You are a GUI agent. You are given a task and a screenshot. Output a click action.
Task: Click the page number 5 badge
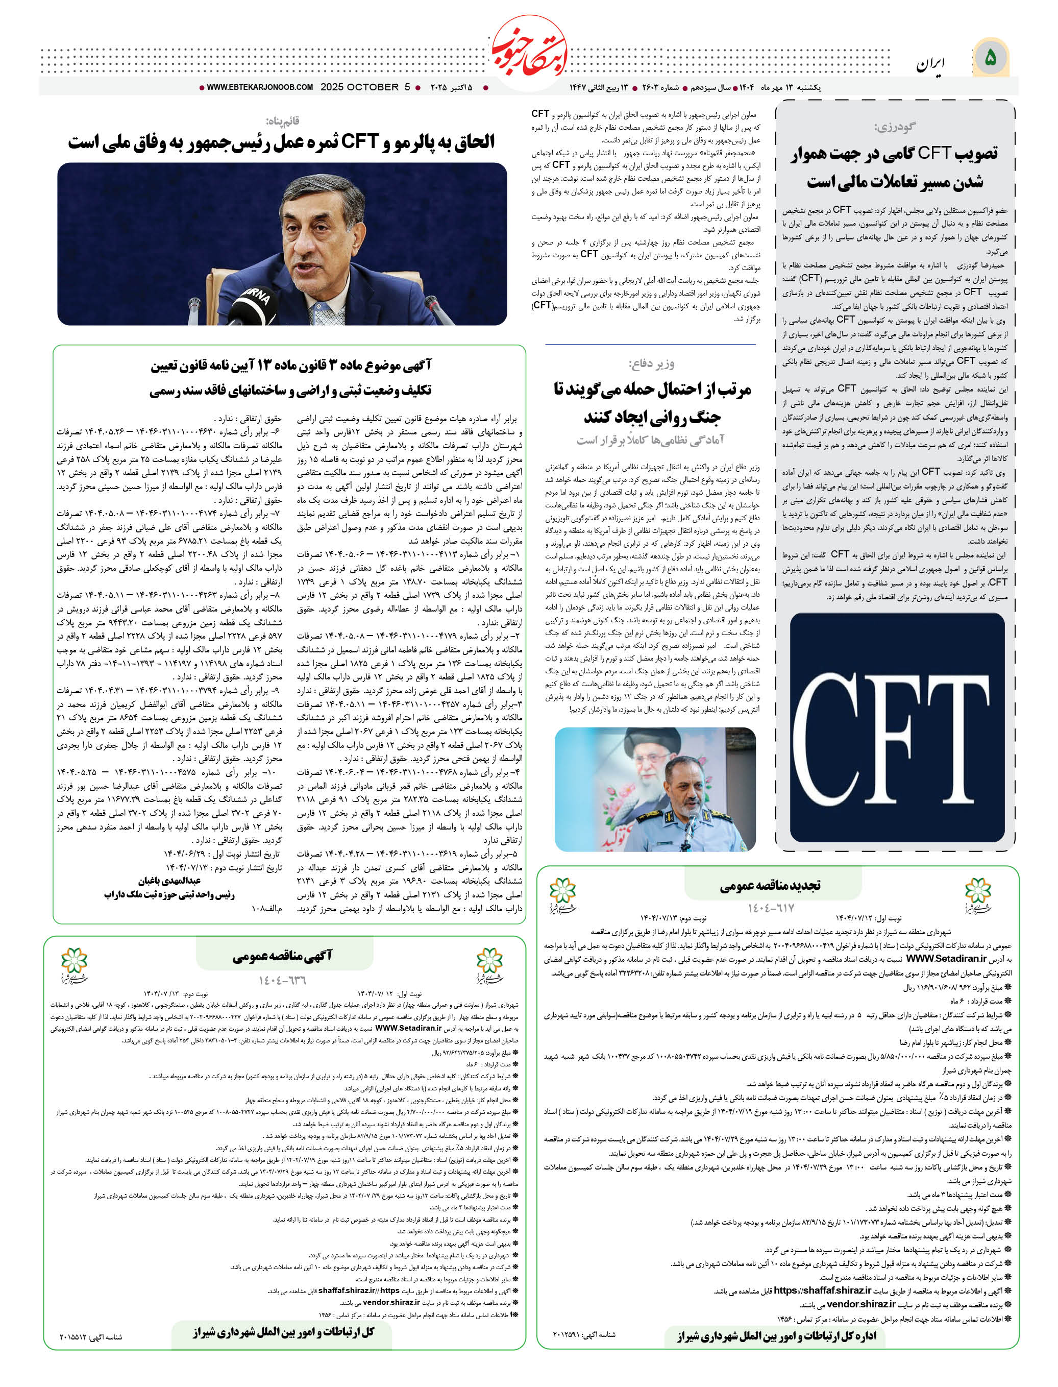(991, 58)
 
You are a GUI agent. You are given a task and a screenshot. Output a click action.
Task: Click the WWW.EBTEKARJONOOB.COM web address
(259, 87)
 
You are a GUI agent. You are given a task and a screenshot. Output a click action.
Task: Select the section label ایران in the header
(931, 64)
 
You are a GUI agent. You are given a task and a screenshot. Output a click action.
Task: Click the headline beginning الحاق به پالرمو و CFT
(282, 142)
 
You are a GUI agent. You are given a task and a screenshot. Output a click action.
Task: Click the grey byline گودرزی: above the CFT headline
(894, 127)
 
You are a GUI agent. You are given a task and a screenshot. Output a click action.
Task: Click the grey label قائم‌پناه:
(282, 120)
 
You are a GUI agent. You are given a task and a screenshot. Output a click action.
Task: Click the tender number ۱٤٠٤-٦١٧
(771, 908)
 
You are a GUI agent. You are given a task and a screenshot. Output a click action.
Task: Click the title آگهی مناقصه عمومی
(283, 957)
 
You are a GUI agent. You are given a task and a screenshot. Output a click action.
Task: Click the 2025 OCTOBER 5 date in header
(365, 87)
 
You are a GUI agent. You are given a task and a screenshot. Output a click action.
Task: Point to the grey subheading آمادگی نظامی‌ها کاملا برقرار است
(651, 439)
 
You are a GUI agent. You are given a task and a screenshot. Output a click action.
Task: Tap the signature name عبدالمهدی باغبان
(169, 881)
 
